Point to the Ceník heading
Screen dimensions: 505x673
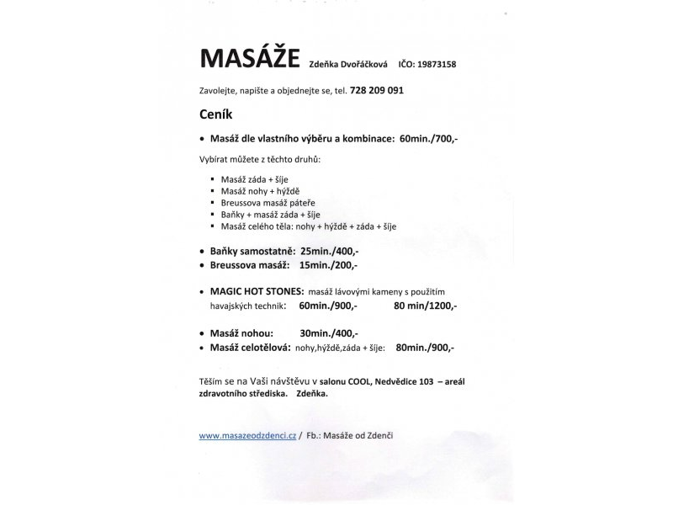(x=215, y=113)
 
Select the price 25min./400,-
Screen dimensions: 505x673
(x=330, y=252)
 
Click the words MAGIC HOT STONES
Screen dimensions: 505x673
(x=251, y=290)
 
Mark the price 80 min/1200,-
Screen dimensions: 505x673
(x=425, y=305)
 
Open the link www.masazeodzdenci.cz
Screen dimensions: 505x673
(x=247, y=435)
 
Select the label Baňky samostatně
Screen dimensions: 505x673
(x=251, y=252)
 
